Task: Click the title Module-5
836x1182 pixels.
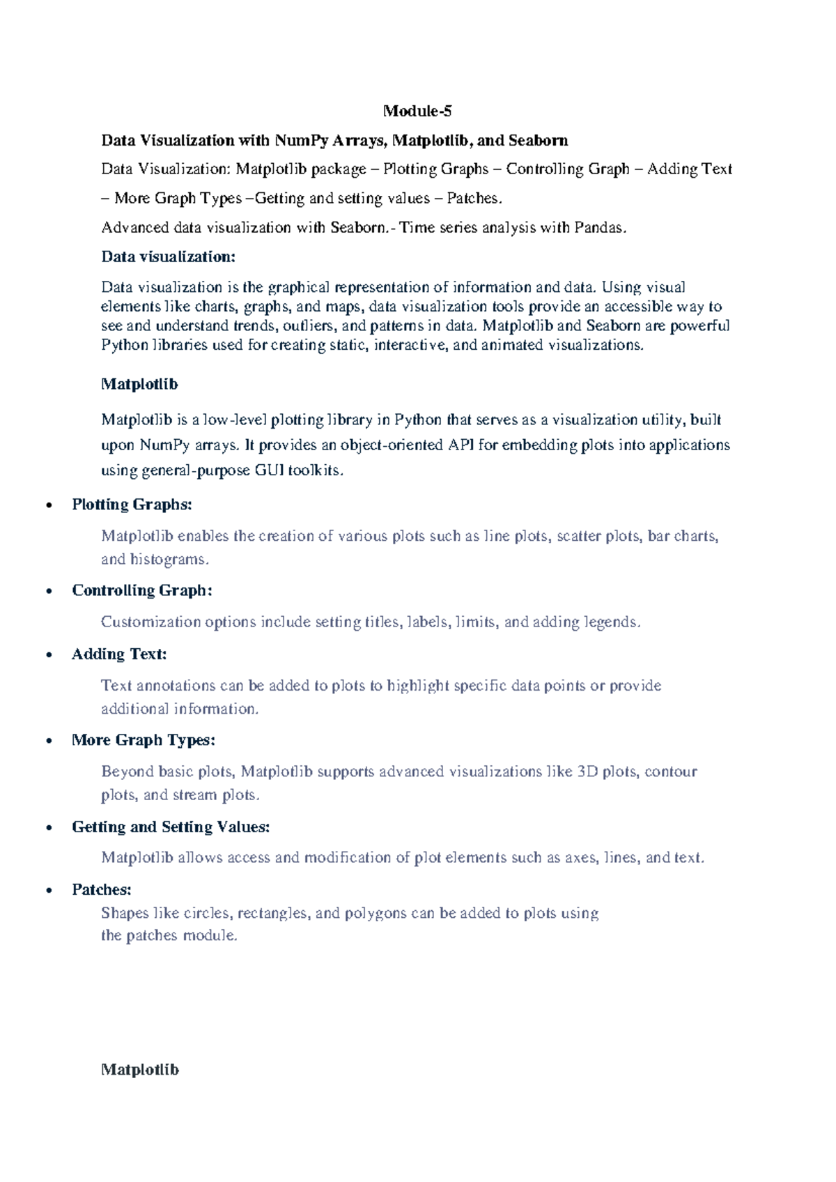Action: (417, 111)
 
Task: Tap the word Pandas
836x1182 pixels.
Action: (600, 227)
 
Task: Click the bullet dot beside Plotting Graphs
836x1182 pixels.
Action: (49, 505)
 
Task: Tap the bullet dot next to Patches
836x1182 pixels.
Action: (49, 891)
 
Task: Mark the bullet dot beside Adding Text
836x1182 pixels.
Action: (49, 655)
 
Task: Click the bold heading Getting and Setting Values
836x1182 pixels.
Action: (171, 827)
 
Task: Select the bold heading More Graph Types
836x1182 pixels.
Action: (144, 740)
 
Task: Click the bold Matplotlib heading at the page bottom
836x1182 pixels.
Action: (140, 1070)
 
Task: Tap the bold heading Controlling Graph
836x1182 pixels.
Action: (142, 590)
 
